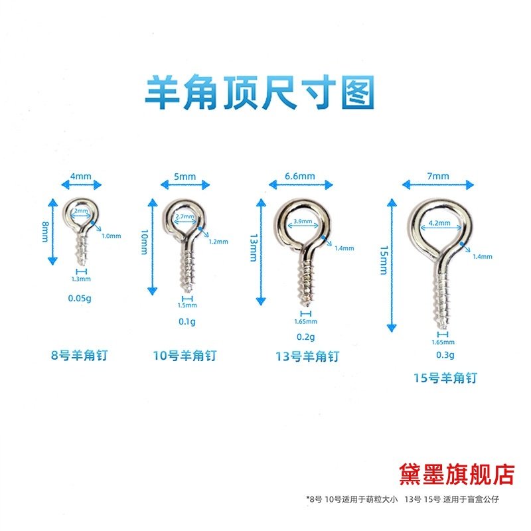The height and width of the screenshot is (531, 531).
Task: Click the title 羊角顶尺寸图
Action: (260, 93)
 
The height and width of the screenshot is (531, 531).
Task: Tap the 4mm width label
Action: (80, 177)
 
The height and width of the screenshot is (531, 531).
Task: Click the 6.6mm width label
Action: (300, 177)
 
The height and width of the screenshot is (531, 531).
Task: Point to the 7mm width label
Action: (439, 176)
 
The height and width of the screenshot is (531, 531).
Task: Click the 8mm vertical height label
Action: (44, 232)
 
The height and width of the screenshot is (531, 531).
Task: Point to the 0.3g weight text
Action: (443, 356)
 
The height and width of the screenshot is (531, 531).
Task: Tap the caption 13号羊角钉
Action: (307, 356)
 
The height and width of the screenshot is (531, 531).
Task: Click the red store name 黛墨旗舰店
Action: (457, 473)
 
